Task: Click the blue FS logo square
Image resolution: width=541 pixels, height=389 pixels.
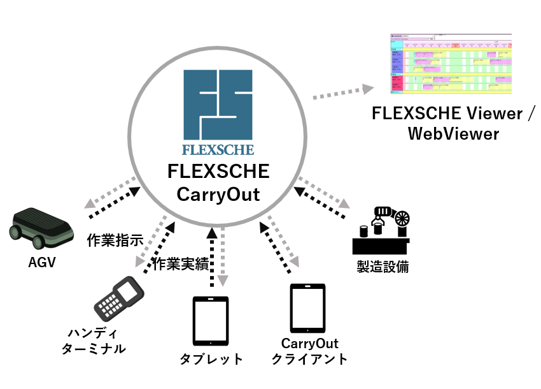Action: [218, 105]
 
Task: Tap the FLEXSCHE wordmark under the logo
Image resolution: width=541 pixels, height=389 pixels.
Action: [218, 150]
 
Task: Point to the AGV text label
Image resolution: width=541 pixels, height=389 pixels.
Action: [42, 261]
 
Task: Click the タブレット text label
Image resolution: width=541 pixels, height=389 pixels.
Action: [211, 360]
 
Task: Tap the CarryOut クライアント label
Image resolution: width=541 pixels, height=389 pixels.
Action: [309, 351]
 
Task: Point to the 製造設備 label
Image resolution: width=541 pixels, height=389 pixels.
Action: [382, 267]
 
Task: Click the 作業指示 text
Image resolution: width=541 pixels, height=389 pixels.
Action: [115, 241]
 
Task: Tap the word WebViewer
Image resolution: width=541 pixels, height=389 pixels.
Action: [453, 134]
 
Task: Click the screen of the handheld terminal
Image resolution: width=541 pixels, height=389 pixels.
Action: [130, 291]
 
